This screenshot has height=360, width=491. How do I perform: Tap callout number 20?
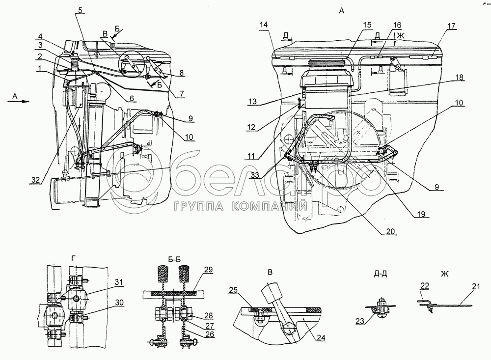(390, 231)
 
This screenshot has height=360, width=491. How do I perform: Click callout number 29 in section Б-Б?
(209, 271)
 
